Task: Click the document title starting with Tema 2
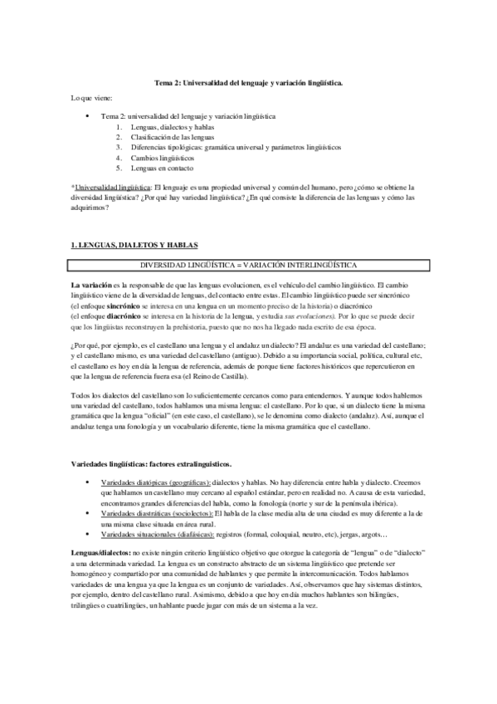coord(249,84)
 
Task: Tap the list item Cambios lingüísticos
coord(163,156)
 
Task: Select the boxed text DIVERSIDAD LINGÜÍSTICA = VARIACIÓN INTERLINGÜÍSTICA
coord(249,264)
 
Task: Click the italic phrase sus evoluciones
coord(306,315)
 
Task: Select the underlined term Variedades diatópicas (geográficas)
coord(153,482)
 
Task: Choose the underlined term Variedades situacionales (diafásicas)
coord(155,533)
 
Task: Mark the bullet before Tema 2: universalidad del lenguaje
coord(88,116)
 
